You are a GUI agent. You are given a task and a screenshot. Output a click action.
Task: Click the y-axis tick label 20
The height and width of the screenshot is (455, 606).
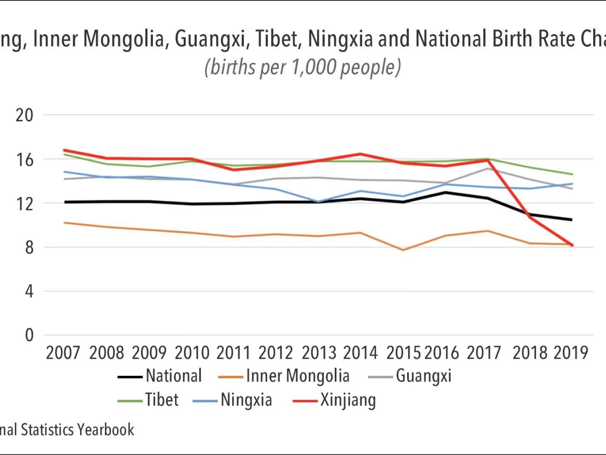coord(25,115)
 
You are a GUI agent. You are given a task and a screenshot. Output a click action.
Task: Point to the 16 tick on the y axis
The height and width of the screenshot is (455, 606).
coord(25,160)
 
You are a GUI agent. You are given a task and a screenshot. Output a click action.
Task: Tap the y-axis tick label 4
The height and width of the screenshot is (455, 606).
coord(29,291)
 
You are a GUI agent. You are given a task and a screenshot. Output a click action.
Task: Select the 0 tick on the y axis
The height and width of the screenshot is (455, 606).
coord(29,336)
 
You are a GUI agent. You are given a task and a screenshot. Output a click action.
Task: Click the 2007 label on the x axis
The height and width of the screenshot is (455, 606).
coord(63,353)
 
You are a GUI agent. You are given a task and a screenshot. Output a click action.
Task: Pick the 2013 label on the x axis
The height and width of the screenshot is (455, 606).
coord(319,353)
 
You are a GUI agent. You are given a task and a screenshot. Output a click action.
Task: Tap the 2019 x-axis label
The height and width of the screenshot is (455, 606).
coord(571,353)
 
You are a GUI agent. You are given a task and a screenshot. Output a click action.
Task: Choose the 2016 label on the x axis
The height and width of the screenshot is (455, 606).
coord(442,353)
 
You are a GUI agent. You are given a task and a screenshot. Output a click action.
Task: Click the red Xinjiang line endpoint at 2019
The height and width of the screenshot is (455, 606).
coord(572,245)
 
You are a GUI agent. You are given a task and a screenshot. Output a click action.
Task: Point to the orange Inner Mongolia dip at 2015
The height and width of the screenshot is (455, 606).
coord(403,250)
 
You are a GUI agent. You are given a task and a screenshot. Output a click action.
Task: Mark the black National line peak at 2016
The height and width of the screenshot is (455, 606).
coord(445,192)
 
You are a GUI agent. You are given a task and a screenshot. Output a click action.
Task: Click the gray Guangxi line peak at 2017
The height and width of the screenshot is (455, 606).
coord(487,168)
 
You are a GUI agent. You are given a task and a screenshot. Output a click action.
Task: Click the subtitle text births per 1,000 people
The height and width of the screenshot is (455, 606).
coord(303,67)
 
